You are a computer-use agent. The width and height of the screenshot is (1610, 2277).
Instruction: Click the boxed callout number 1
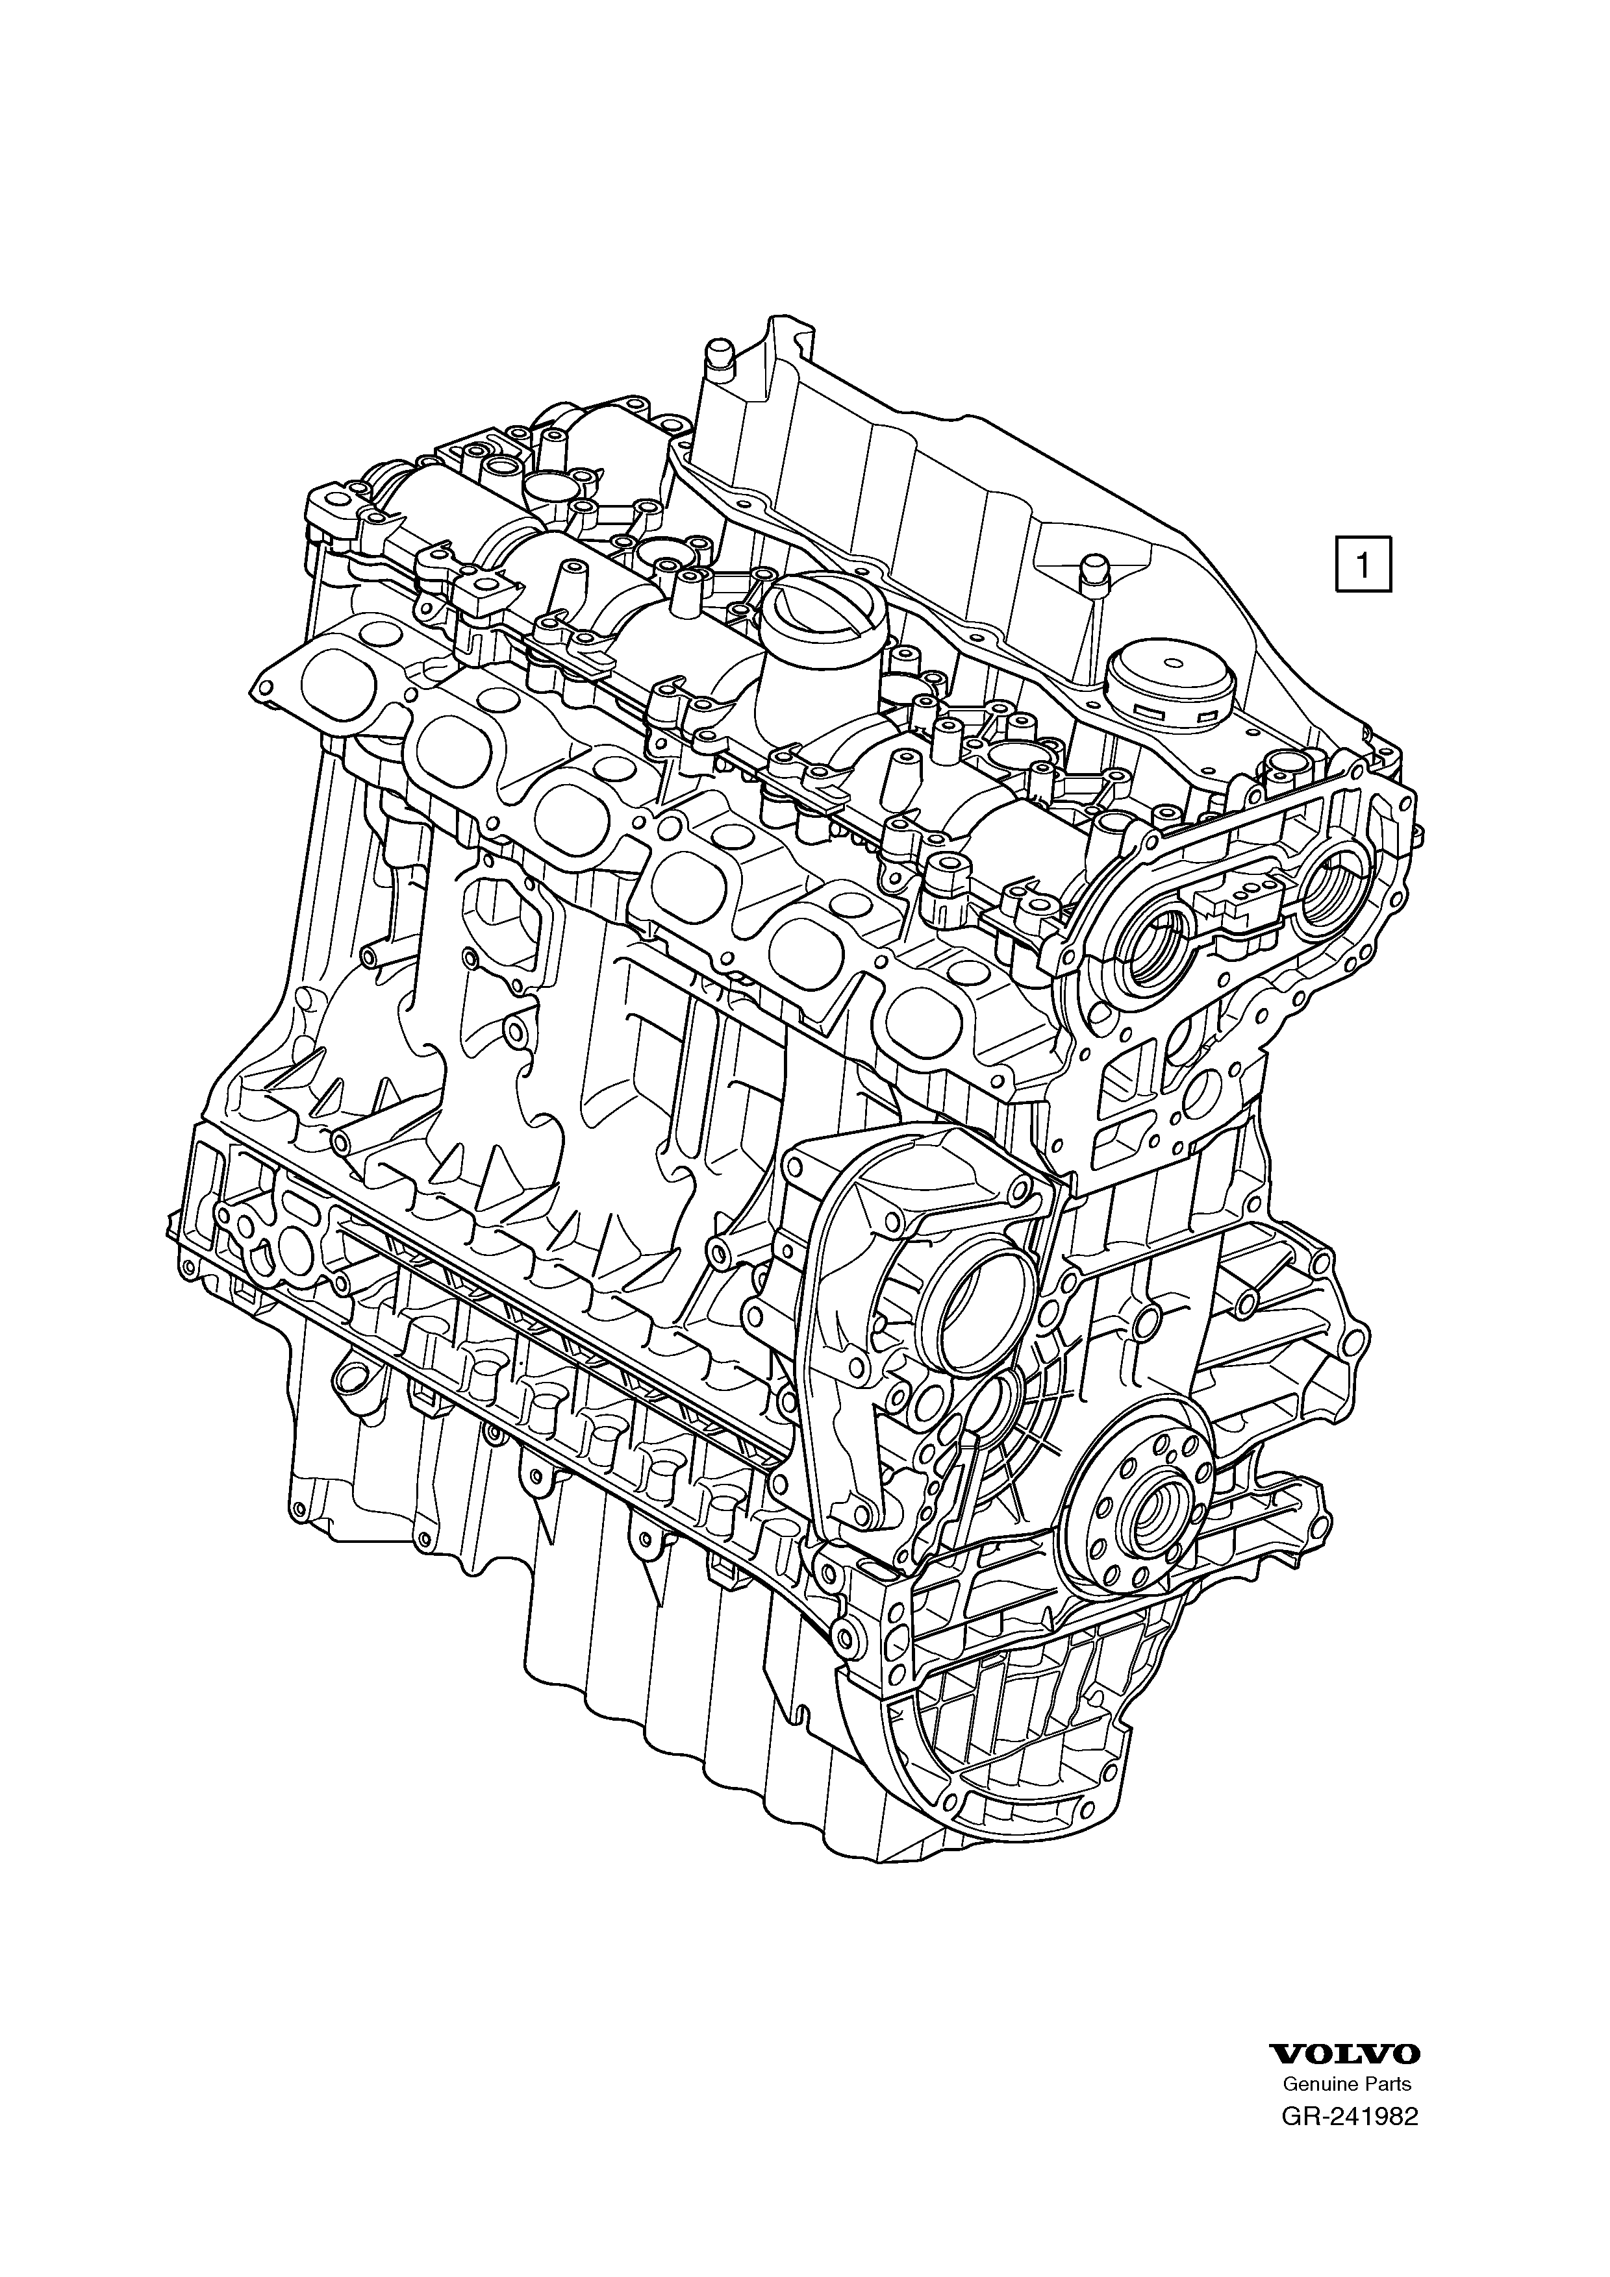[1363, 564]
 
